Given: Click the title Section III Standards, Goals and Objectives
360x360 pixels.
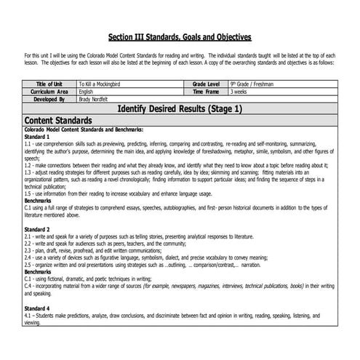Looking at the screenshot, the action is coord(180,36).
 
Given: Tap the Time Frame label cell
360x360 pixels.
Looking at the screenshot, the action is coord(209,92).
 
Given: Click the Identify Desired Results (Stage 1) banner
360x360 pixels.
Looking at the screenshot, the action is coord(180,108).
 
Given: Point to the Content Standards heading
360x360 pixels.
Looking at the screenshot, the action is coord(58,119).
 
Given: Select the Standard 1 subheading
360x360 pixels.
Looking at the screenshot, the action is coord(37,136).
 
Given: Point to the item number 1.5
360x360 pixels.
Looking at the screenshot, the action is coord(28,194).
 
